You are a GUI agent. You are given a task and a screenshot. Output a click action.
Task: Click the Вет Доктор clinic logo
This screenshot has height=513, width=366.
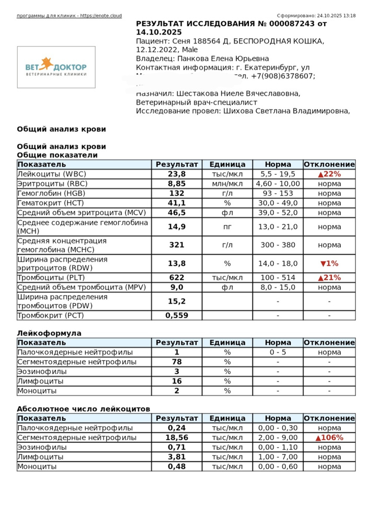click(x=56, y=67)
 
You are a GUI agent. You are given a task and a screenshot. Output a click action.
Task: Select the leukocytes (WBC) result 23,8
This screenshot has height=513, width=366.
click(x=177, y=174)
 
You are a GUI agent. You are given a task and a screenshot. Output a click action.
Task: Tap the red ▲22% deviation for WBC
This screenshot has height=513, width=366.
click(x=329, y=174)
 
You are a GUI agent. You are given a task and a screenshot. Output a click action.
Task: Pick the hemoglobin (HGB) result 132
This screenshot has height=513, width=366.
click(x=177, y=193)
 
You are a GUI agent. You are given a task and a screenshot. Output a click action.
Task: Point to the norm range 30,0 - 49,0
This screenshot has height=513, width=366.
click(x=278, y=203)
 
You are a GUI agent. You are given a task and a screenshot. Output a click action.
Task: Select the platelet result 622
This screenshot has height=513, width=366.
click(x=177, y=278)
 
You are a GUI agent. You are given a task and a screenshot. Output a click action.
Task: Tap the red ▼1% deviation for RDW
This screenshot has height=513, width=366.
click(x=329, y=264)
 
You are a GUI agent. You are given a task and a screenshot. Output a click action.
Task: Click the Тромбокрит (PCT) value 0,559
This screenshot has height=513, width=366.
click(x=177, y=316)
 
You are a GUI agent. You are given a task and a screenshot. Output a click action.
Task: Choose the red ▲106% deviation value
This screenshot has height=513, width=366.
click(x=329, y=438)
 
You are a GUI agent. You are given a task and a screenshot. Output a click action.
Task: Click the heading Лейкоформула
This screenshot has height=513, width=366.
click(x=49, y=333)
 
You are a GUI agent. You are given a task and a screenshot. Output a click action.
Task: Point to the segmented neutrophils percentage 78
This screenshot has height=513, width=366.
click(x=177, y=362)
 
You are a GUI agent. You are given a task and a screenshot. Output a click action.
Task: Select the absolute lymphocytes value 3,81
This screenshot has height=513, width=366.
click(x=177, y=457)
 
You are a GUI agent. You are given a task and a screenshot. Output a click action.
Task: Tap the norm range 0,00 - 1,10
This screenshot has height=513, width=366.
click(x=278, y=448)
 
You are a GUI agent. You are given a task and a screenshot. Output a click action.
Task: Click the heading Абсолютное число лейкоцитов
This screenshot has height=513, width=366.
click(x=84, y=409)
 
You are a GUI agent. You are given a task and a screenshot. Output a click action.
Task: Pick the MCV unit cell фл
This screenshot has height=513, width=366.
click(x=227, y=213)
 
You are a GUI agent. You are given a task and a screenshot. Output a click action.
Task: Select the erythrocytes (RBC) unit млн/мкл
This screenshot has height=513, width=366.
click(x=227, y=184)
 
